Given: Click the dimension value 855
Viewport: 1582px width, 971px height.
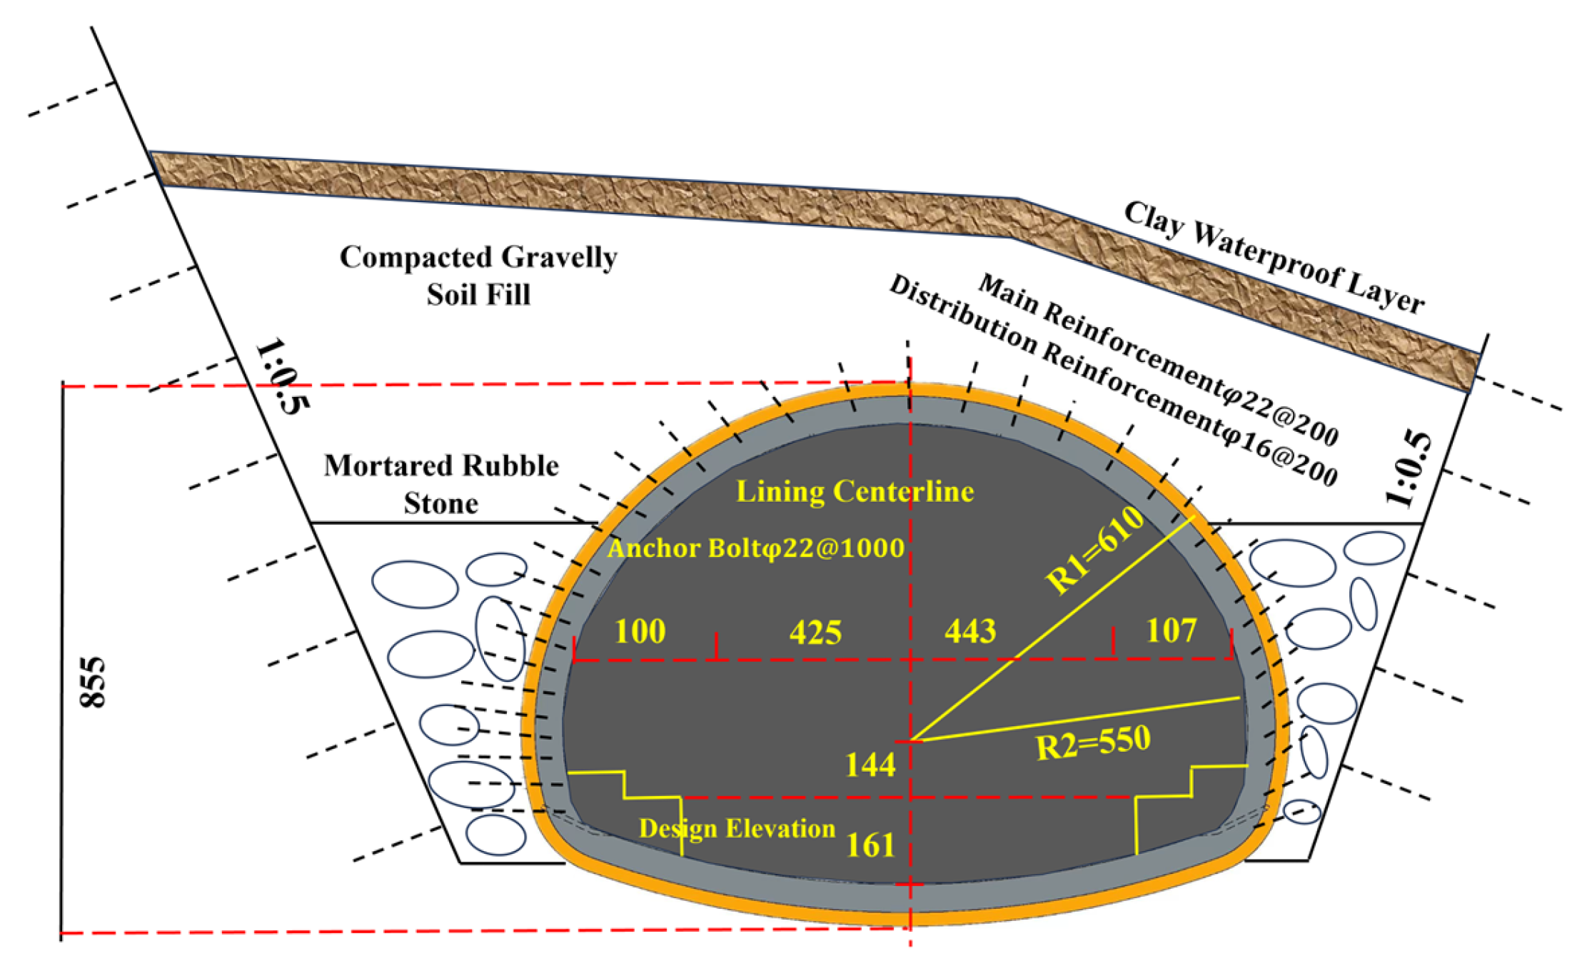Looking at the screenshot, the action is click(x=93, y=682).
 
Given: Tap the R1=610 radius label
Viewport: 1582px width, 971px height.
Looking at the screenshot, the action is click(x=1095, y=550).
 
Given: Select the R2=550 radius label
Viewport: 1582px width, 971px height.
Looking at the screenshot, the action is click(x=1093, y=743).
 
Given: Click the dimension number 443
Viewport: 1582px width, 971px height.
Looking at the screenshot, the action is click(x=970, y=631).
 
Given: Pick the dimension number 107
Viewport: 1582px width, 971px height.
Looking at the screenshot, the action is click(x=1172, y=630).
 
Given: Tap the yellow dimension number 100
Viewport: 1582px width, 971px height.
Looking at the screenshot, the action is click(x=640, y=631).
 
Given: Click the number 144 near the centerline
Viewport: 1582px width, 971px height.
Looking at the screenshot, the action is click(x=870, y=765).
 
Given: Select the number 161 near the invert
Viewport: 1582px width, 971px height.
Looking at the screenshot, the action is click(x=870, y=845).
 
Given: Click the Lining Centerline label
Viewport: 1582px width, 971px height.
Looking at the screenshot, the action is click(x=855, y=491).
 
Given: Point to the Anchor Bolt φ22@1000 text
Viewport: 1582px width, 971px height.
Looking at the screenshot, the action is click(x=756, y=548).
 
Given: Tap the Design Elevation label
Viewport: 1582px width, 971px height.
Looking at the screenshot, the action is click(x=737, y=828).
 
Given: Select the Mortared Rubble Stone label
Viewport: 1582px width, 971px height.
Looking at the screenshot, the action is click(x=441, y=484).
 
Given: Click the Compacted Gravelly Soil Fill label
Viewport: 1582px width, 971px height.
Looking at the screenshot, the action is click(x=478, y=276).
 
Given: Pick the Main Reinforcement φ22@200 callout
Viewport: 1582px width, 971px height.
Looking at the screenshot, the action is click(x=1158, y=359).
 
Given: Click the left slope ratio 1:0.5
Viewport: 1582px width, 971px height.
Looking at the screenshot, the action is click(x=283, y=376).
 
